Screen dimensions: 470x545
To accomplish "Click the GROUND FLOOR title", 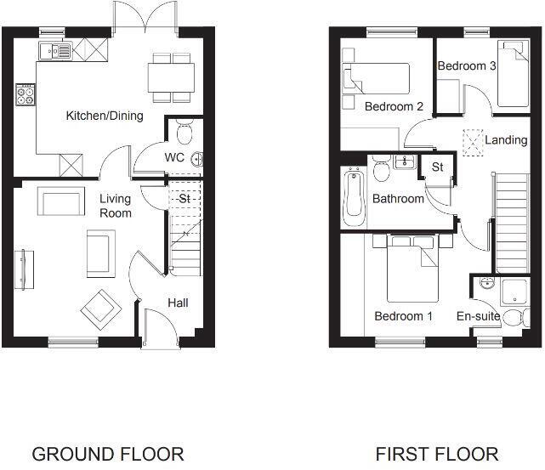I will (x=107, y=453).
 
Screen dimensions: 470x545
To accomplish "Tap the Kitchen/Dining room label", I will (x=105, y=116).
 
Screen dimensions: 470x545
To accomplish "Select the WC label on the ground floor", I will (x=174, y=158).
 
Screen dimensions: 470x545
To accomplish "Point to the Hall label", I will (x=178, y=303).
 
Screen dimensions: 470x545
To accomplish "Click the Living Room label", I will (x=116, y=206).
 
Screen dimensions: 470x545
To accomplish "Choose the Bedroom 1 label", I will (x=404, y=316).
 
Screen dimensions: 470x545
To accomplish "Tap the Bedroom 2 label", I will (x=394, y=106).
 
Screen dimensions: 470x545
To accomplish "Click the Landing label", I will (x=506, y=139).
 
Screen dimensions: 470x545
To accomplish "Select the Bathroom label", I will (x=398, y=199).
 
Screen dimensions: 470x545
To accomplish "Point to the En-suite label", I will (x=478, y=316).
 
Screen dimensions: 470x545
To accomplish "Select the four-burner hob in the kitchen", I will (x=24, y=95).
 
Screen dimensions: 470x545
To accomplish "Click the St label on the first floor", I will (x=438, y=167).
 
